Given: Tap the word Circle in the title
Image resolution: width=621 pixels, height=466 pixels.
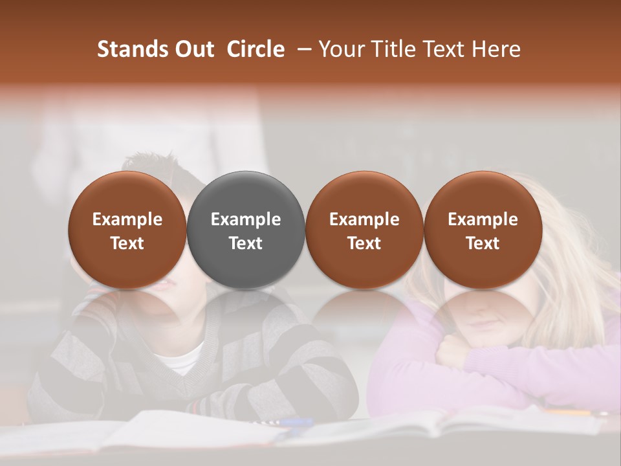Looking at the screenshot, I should (x=256, y=49).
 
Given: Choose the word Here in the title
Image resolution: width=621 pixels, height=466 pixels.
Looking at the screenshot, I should (x=497, y=49).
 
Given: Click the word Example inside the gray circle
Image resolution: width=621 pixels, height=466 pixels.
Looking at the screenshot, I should (x=246, y=219).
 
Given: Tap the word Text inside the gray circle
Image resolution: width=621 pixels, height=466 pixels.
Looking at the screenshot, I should (x=246, y=243).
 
